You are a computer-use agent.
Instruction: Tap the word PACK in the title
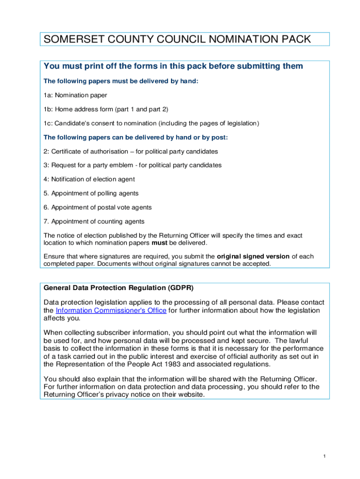pyautogui.click(x=293, y=39)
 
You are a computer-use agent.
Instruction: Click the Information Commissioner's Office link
pyautogui.click(x=111, y=311)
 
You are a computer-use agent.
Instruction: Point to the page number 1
pyautogui.click(x=324, y=456)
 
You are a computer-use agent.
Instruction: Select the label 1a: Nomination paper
pyautogui.click(x=75, y=95)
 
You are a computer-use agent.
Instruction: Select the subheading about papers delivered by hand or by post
pyautogui.click(x=136, y=138)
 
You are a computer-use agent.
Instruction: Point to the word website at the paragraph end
pyautogui.click(x=191, y=394)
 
